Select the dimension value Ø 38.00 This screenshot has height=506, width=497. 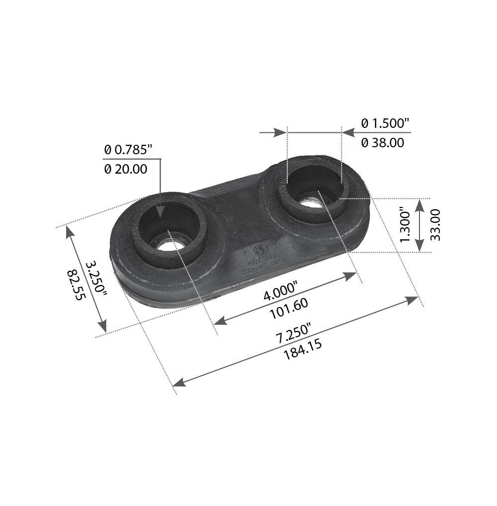coord(382,143)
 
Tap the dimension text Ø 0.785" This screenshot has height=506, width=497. coord(128,149)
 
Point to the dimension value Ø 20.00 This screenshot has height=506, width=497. coord(126,169)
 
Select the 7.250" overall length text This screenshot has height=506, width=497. coord(294,333)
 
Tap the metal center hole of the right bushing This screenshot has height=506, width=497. coord(312,200)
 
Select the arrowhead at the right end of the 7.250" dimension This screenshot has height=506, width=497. coord(413,300)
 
